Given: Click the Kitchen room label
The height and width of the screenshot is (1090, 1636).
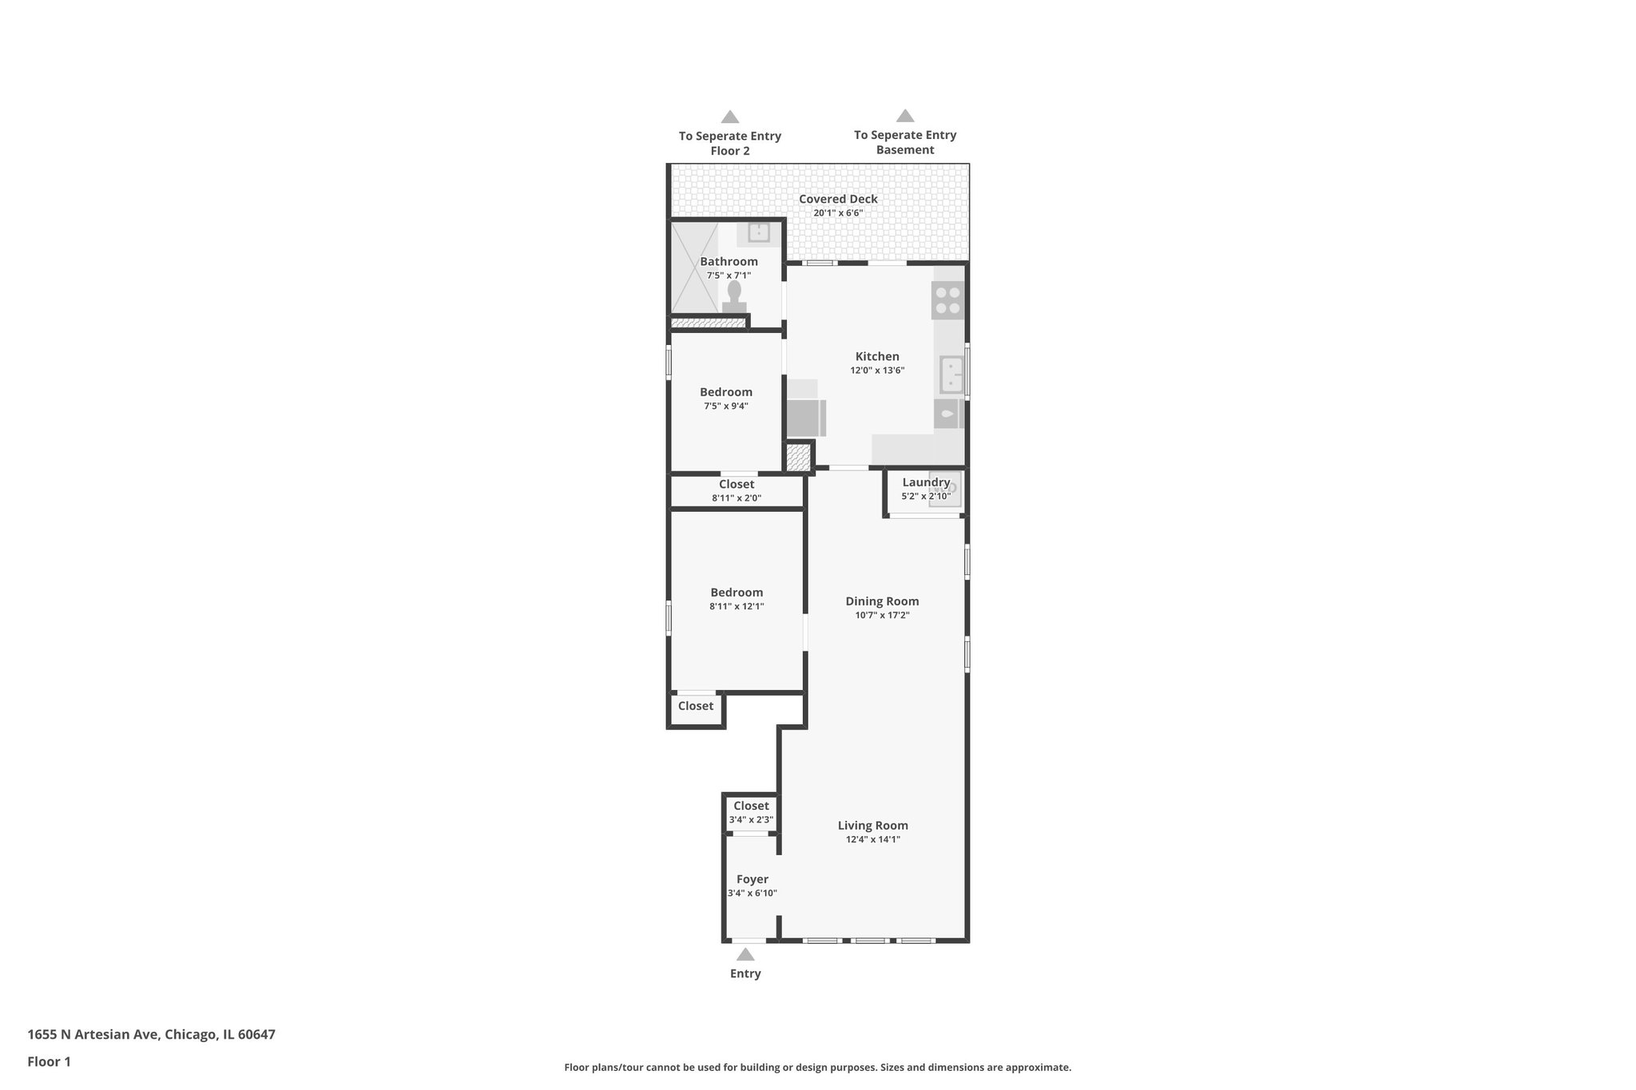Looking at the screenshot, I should coord(877,357).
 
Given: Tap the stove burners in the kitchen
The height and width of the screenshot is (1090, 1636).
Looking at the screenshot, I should coord(948,300).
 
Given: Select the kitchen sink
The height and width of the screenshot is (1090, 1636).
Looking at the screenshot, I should coord(951,375).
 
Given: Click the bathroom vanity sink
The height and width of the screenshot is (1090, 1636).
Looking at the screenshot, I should coord(758,232).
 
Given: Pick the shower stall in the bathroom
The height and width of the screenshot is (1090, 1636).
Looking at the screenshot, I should coord(694,268).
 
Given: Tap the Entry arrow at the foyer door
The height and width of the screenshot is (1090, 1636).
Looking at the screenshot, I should coord(745,954).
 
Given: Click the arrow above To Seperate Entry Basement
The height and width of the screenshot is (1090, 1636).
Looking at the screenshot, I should coord(905,116).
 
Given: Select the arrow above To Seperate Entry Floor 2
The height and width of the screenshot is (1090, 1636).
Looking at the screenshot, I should coord(730,117).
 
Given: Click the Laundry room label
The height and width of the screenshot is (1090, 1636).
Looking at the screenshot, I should coord(926,482).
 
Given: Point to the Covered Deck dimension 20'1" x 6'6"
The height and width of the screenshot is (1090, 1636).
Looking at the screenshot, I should coord(838,213).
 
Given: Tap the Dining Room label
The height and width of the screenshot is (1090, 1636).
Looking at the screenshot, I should coord(882,601).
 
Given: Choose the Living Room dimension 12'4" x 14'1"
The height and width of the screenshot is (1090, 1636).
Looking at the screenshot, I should coord(873,839).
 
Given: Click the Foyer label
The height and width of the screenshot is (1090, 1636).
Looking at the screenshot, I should coord(752,879).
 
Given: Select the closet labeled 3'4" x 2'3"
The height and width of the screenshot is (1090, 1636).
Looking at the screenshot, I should coord(751,813).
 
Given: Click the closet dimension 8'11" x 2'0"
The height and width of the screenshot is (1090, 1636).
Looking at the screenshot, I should coord(737,498).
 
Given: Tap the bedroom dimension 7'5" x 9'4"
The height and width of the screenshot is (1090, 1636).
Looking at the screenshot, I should coord(726,406).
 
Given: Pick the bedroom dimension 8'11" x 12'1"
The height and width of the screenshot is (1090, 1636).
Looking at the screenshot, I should coord(737,606).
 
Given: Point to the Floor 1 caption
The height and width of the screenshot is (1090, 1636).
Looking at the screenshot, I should coord(49,1062).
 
